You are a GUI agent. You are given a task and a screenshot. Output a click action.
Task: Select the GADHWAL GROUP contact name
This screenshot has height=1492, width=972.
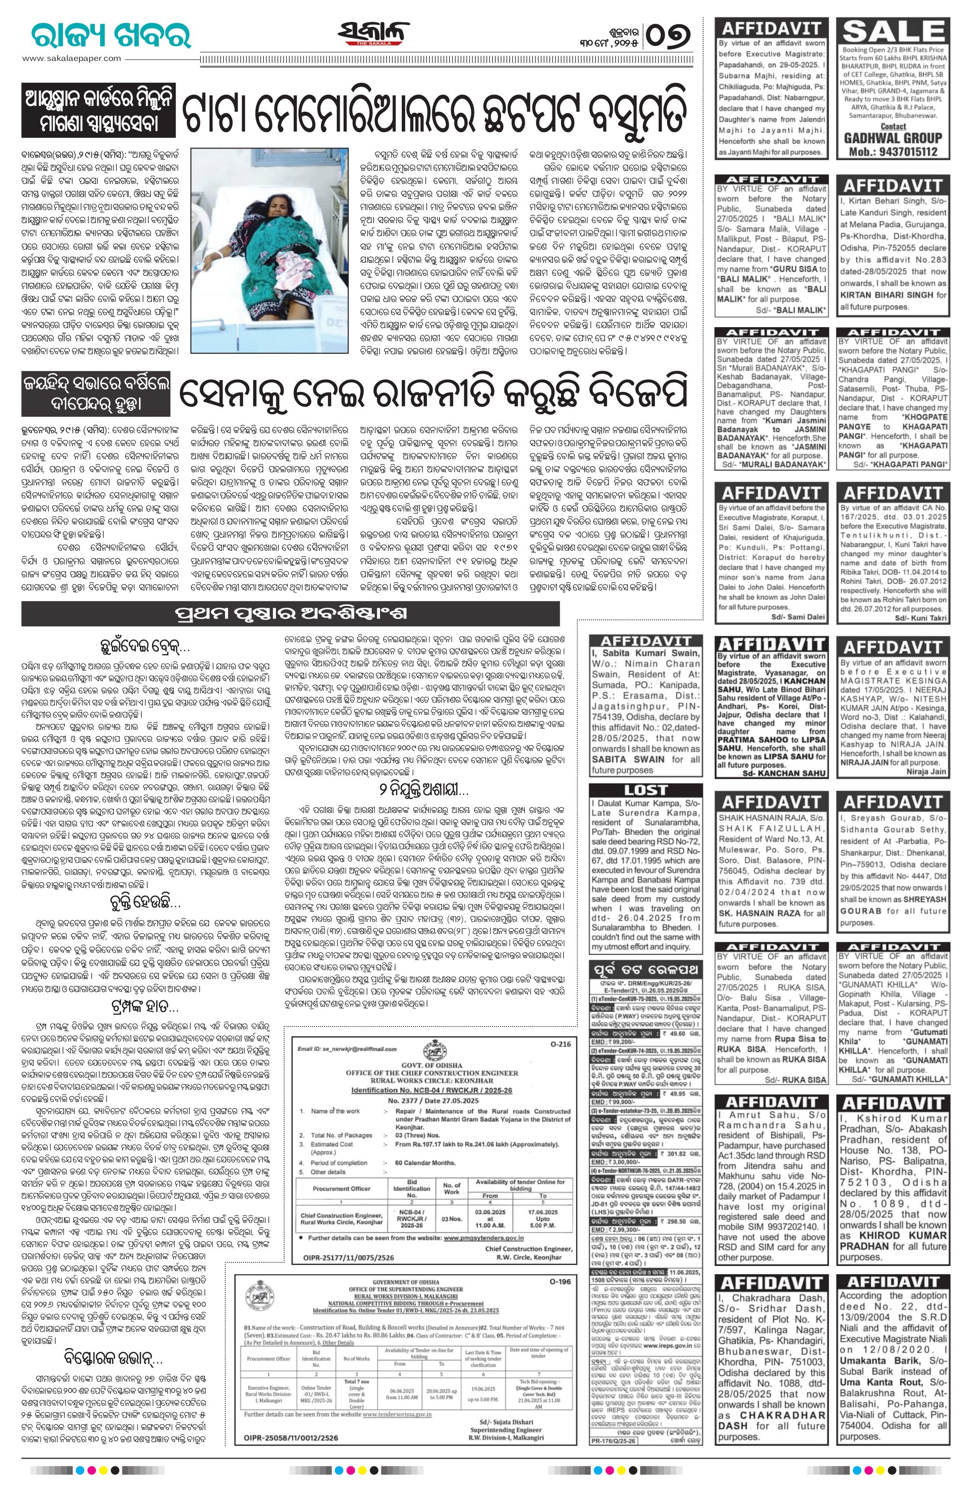pos(893,138)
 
